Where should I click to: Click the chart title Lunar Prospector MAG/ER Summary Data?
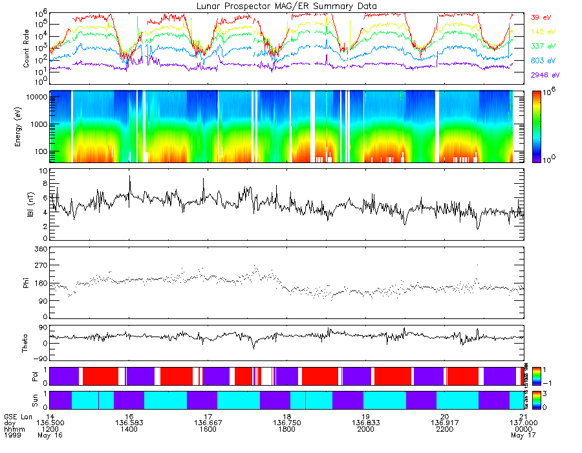pyautogui.click(x=286, y=6)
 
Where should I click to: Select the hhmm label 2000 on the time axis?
pyautogui.click(x=365, y=429)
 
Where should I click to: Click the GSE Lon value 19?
pyautogui.click(x=365, y=416)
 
